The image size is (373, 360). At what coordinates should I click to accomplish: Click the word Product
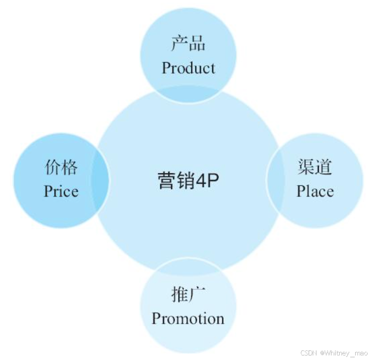(188, 68)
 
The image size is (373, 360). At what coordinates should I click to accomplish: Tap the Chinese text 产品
(188, 44)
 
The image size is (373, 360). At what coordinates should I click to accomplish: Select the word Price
(61, 191)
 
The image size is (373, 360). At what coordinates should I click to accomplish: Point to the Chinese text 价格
(61, 167)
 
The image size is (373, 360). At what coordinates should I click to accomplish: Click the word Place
(315, 191)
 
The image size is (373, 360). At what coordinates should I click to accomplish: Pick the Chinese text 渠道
(315, 167)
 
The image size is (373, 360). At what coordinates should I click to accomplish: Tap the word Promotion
(188, 318)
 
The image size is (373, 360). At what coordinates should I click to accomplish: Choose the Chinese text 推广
(188, 295)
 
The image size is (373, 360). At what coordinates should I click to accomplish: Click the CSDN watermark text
(309, 353)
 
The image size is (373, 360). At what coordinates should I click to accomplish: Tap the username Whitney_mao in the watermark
(346, 353)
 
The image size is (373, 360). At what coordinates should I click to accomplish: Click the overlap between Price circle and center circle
(101, 180)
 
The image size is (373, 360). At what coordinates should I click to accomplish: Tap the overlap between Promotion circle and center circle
(188, 267)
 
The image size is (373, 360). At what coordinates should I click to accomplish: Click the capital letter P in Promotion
(156, 318)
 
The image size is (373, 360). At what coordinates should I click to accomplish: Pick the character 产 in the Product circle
(179, 44)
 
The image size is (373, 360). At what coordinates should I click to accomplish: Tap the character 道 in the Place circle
(324, 167)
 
